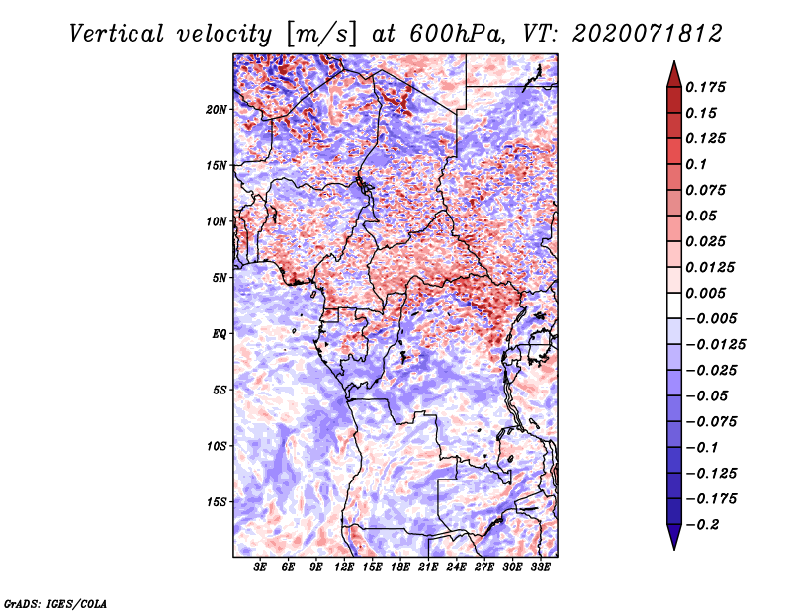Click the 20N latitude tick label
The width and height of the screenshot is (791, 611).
(217, 110)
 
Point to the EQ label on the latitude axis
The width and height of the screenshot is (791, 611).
(220, 334)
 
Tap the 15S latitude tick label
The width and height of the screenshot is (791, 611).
(217, 502)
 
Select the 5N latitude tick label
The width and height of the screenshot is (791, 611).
(220, 278)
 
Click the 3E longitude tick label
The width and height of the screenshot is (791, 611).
(260, 567)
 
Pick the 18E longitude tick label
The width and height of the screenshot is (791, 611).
(400, 567)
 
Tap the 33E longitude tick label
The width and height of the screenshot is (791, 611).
(540, 567)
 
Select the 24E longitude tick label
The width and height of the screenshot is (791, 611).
(456, 567)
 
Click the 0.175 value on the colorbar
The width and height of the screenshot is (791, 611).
(706, 87)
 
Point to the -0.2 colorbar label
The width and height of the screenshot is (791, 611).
(703, 525)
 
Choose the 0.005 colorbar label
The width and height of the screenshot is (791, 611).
(706, 293)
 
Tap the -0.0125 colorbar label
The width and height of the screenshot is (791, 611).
(716, 345)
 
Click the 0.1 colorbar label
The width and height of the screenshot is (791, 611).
(696, 164)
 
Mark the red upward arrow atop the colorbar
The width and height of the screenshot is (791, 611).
(674, 74)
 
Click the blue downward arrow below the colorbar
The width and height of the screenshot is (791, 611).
(674, 537)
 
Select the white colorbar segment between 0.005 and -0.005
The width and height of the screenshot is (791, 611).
(674, 305)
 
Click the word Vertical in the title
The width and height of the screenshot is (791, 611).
(117, 34)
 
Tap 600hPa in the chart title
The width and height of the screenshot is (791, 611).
(456, 34)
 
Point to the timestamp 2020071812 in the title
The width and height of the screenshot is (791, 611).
(648, 34)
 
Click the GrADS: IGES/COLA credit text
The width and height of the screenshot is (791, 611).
(55, 604)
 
